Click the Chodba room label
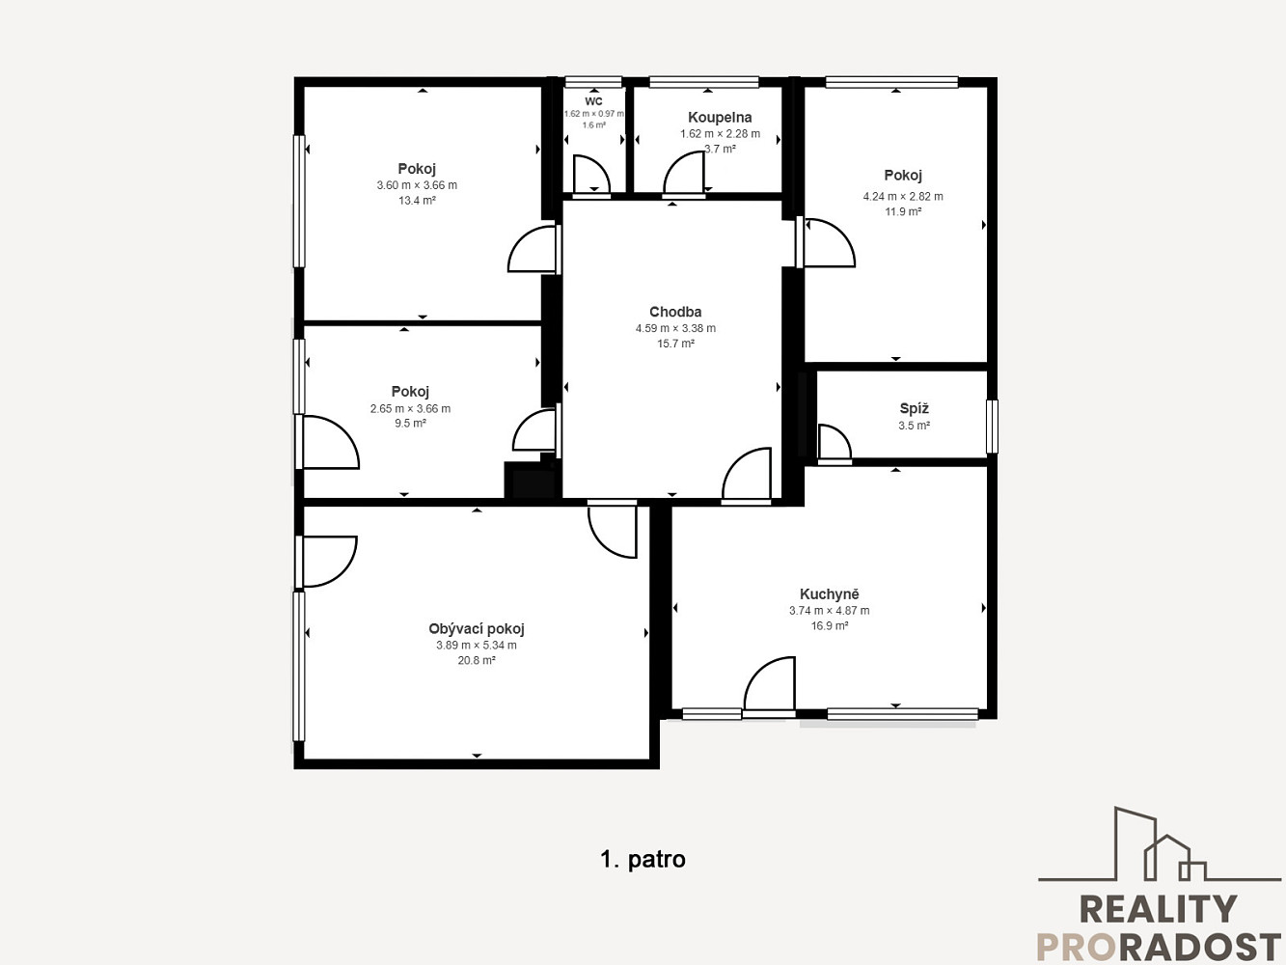[675, 312]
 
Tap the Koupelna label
[720, 118]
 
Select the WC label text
[593, 101]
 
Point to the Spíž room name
[914, 408]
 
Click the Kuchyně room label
[829, 594]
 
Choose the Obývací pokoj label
[477, 629]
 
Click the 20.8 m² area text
[477, 660]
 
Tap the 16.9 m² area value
[829, 625]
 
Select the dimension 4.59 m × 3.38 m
[675, 328]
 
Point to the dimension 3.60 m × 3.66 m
[417, 185]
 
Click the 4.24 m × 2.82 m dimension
[903, 196]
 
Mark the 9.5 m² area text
[410, 423]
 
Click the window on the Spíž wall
[992, 426]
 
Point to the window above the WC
[593, 82]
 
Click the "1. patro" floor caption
[643, 860]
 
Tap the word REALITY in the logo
[1159, 909]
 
